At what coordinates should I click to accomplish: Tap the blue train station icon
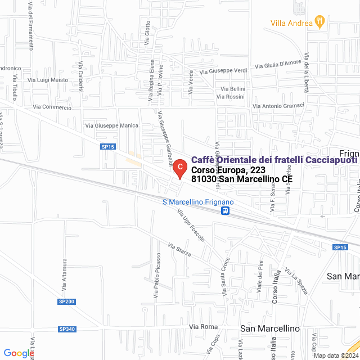[225, 211]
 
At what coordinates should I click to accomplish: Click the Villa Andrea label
[291, 23]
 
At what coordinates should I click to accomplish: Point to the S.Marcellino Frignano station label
[197, 202]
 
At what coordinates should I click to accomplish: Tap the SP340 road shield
[66, 329]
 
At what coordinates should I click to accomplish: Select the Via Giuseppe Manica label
[111, 125]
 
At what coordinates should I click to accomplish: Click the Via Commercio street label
[52, 107]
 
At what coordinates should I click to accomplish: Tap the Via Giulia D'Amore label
[278, 65]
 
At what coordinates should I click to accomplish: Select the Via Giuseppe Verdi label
[223, 71]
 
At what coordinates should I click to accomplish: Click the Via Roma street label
[203, 327]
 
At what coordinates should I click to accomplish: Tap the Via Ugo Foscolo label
[191, 226]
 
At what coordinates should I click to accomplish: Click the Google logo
[19, 353]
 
